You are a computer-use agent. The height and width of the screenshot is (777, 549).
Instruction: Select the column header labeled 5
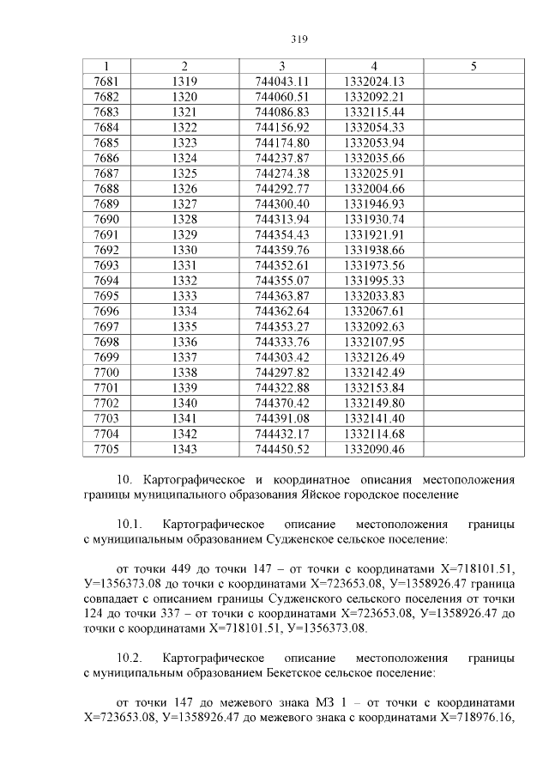pyautogui.click(x=474, y=66)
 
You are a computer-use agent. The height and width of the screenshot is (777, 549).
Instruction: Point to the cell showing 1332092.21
pyautogui.click(x=373, y=97)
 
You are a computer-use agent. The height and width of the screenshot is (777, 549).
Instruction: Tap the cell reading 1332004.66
pyautogui.click(x=373, y=188)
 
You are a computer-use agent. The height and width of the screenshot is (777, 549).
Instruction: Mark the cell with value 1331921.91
pyautogui.click(x=373, y=234)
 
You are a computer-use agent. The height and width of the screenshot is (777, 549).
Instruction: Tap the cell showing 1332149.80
pyautogui.click(x=373, y=403)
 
